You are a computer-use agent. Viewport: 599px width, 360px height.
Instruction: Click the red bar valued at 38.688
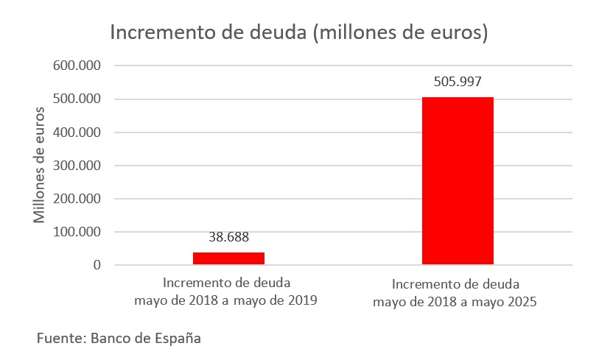pyautogui.click(x=228, y=258)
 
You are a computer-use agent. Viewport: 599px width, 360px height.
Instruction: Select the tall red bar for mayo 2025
pyautogui.click(x=458, y=180)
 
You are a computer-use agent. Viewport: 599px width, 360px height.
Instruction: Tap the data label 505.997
pyautogui.click(x=458, y=82)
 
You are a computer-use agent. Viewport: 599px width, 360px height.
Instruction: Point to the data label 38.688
pyautogui.click(x=228, y=237)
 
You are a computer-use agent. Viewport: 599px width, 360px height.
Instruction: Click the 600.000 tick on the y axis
pyautogui.click(x=77, y=66)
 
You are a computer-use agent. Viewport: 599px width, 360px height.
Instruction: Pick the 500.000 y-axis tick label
pyautogui.click(x=77, y=99)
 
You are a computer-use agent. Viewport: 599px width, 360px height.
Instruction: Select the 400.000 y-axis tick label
pyautogui.click(x=77, y=133)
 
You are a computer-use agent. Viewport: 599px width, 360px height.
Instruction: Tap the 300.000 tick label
pyautogui.click(x=77, y=166)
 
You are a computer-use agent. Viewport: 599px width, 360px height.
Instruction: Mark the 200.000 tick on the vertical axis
pyautogui.click(x=77, y=199)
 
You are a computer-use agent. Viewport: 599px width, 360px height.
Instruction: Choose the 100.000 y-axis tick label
pyautogui.click(x=77, y=232)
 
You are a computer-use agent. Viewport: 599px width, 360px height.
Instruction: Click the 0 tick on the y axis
pyautogui.click(x=96, y=265)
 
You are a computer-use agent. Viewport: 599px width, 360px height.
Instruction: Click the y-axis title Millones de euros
pyautogui.click(x=40, y=165)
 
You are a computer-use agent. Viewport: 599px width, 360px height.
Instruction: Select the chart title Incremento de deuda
pyautogui.click(x=299, y=33)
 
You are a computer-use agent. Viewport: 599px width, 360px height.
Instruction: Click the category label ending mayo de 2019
pyautogui.click(x=226, y=292)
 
